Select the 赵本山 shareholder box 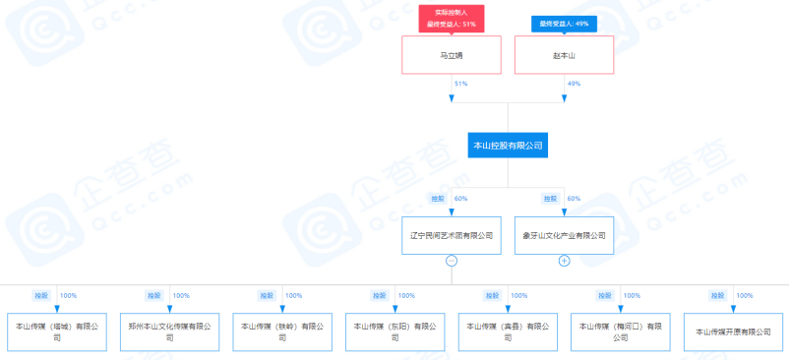tap(564, 55)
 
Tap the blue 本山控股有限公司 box tap(508, 146)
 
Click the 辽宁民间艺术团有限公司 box tap(452, 236)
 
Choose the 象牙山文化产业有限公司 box tap(564, 236)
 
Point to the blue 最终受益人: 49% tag tap(564, 24)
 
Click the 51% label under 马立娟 tap(460, 85)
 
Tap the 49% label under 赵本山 tap(574, 85)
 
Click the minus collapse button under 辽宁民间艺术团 tap(452, 261)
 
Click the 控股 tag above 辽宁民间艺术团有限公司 tap(438, 199)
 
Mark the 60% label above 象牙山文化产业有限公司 tap(574, 199)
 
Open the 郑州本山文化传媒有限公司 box tap(169, 331)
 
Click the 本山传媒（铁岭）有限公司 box tap(282, 331)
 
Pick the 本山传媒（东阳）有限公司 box tap(394, 331)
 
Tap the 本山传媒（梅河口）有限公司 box tap(620, 331)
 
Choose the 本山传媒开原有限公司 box tap(733, 331)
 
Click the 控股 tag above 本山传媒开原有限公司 tap(717, 295)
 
